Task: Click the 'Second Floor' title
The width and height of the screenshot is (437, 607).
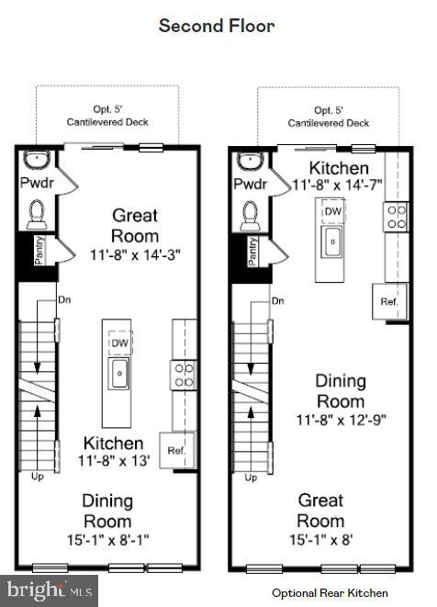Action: pos(217,26)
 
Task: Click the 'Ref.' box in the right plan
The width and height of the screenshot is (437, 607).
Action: pos(388,301)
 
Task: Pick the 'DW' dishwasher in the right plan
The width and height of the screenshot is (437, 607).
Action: pos(335,210)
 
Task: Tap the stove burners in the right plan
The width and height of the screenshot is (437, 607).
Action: pos(398,217)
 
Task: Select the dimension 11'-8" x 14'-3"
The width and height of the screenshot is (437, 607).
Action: pos(135,254)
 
